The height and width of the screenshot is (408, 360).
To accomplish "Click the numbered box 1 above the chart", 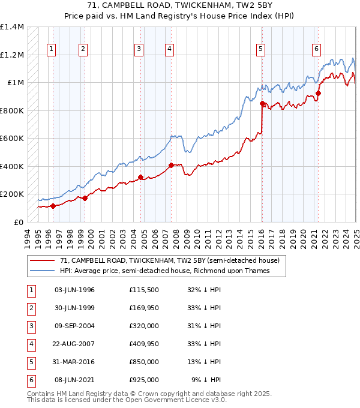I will point(51,49).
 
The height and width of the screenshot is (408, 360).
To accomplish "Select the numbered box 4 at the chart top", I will point(170,49).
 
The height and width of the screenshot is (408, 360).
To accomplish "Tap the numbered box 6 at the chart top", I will point(316,49).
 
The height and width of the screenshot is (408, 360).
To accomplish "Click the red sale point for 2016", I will point(262,103).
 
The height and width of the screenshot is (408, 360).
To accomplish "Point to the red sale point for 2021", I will point(318,93).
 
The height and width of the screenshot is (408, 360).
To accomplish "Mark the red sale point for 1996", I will point(53,206).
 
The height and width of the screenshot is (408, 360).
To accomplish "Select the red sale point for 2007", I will point(171,165).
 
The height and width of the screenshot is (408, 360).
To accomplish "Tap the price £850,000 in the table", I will point(144,362).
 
